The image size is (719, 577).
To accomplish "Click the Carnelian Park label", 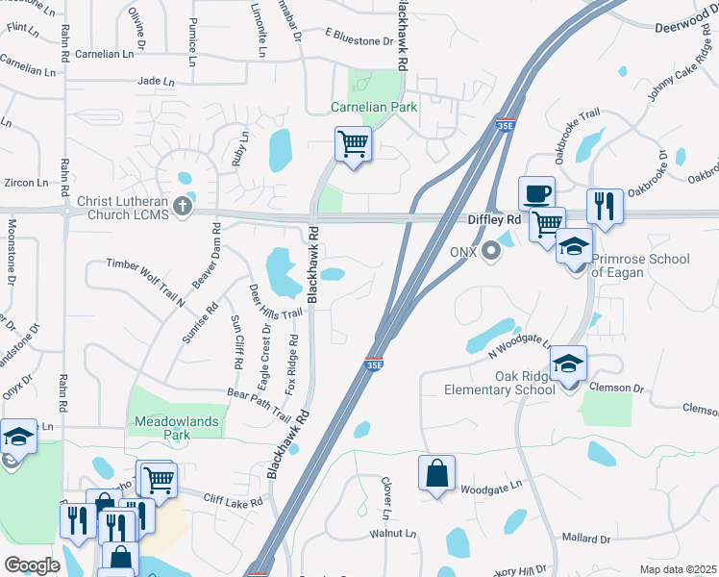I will (x=374, y=107).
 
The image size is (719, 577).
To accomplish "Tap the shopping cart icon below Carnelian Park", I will (x=353, y=144).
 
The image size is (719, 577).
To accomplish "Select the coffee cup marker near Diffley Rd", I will (x=537, y=192).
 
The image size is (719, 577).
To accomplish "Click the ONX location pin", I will (x=492, y=252).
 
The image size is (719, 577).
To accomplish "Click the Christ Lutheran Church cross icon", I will (x=183, y=205).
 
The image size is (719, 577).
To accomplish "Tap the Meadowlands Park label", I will (x=176, y=428).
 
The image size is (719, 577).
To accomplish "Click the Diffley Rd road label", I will (x=493, y=219).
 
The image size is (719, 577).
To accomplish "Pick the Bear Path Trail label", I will (x=258, y=405).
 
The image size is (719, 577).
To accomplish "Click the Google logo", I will (x=32, y=564).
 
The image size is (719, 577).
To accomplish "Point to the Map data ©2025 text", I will (x=678, y=569).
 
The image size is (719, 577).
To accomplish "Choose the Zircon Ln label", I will (x=26, y=182).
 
